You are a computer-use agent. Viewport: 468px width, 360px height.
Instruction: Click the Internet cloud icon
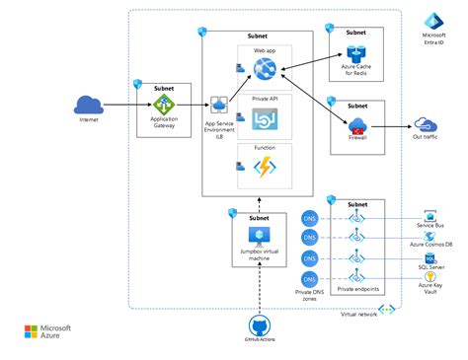coord(89,105)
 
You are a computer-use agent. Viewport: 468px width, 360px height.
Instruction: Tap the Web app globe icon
coord(265,69)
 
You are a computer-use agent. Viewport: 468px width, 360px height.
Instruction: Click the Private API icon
coord(265,120)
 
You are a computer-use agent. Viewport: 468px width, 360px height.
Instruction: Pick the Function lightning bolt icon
coord(265,169)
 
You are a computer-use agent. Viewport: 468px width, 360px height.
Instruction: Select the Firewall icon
coord(355,125)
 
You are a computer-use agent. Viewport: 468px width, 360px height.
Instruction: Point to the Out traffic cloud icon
coord(427,124)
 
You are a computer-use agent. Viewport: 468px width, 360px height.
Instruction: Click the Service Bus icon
coord(430,216)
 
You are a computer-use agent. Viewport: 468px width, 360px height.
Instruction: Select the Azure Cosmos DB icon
coord(430,238)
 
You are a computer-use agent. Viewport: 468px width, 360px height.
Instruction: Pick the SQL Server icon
coord(430,258)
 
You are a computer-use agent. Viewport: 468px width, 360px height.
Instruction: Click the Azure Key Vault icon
coord(430,279)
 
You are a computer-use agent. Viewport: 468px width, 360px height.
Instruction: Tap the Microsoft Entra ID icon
coord(432,22)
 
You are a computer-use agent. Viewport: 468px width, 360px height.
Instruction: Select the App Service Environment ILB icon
coord(219,105)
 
